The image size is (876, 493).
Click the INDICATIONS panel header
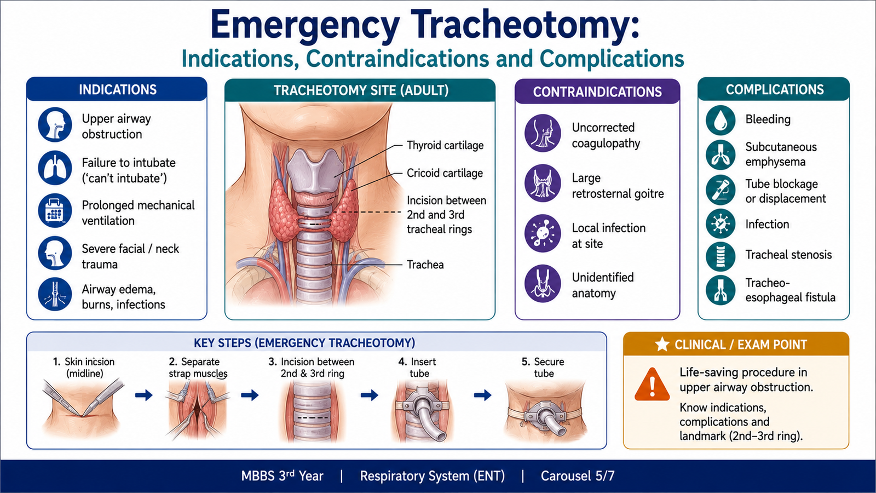[117, 90]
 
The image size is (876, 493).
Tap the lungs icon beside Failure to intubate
[55, 168]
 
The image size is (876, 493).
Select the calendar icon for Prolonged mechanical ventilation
[55, 210]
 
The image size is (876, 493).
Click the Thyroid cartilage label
[445, 145]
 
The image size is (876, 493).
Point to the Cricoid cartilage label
[445, 173]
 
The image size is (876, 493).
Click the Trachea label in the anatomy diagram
[425, 265]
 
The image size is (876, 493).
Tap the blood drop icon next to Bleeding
[721, 120]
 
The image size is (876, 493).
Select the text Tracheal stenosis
[788, 255]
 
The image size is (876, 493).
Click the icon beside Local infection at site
[543, 233]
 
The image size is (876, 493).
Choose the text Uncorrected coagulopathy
[606, 135]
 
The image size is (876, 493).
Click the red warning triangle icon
[652, 385]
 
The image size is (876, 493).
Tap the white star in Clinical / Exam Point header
[662, 345]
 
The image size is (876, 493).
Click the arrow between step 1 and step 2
[144, 395]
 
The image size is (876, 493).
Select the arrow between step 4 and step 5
[482, 395]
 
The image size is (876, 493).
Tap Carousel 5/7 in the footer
[578, 476]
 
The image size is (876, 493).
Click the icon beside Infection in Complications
[721, 224]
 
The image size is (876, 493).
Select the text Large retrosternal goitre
[618, 186]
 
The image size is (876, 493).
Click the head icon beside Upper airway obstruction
[55, 125]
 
